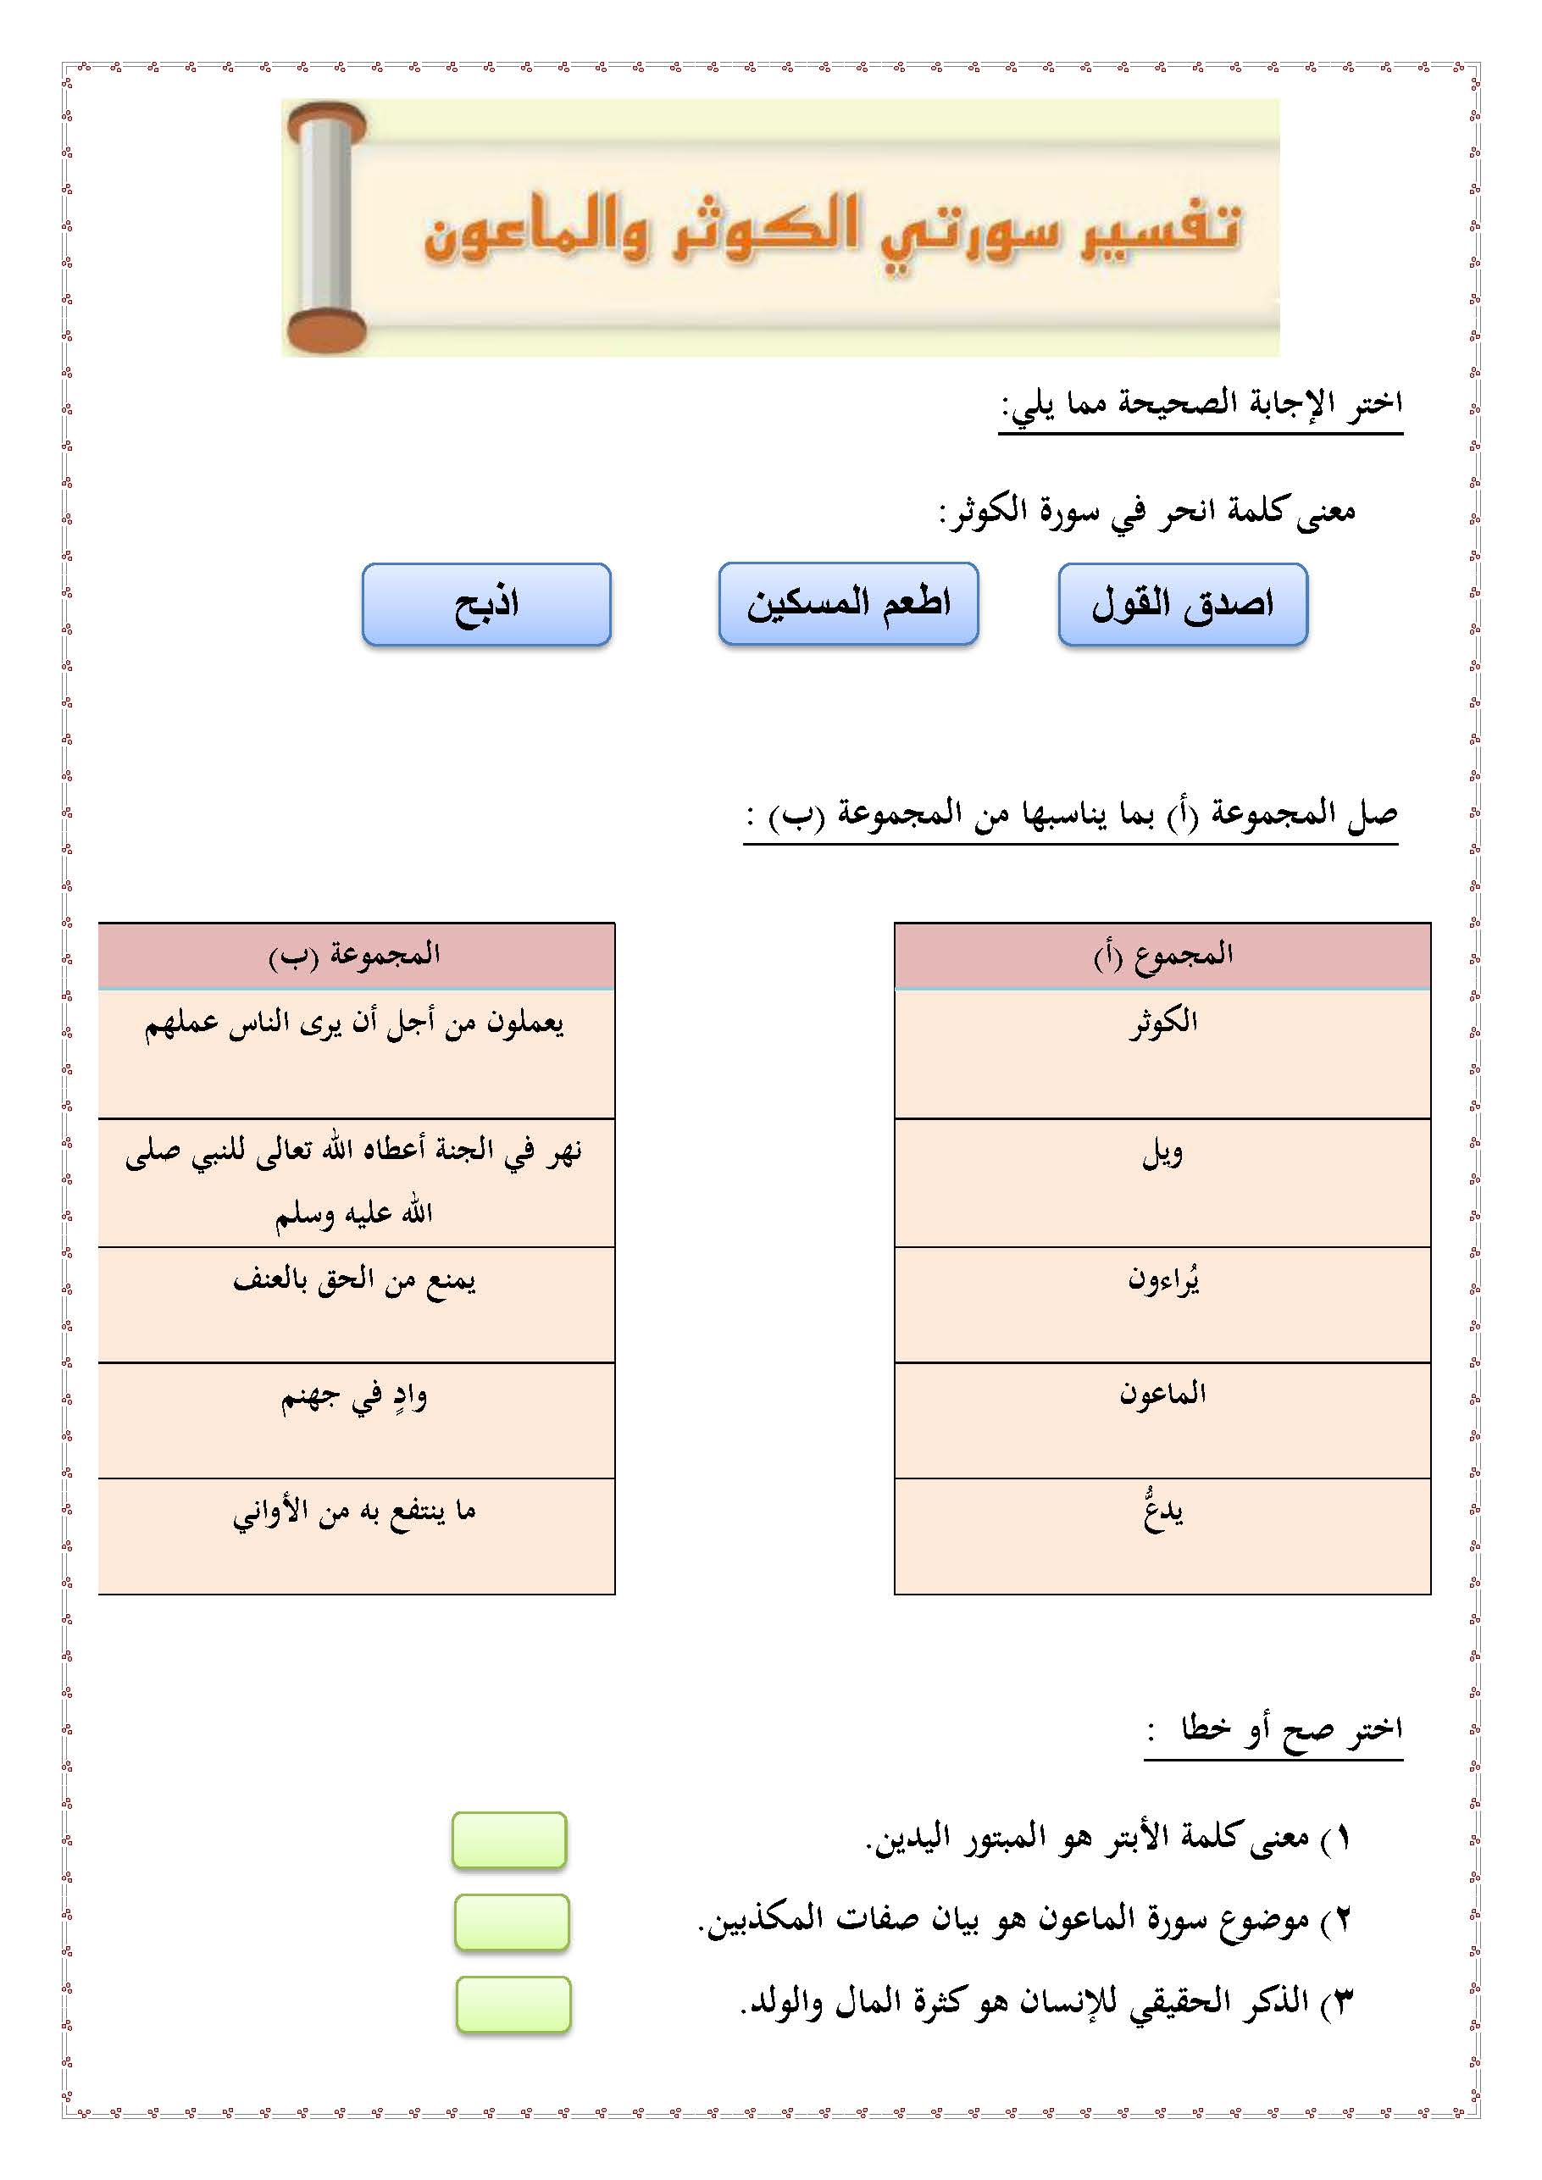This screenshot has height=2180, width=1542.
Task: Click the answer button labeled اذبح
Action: [486, 605]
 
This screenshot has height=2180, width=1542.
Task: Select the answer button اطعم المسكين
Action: [848, 604]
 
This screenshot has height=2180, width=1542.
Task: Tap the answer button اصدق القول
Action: [1182, 605]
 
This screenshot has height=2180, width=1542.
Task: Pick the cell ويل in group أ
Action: [1162, 1182]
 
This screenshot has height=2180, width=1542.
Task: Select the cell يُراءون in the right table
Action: [1162, 1305]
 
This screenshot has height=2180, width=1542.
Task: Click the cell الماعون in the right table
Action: [1162, 1419]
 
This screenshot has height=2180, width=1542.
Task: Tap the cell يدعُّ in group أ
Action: [1162, 1535]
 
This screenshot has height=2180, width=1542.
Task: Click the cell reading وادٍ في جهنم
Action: [355, 1419]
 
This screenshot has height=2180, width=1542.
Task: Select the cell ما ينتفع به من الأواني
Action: [355, 1535]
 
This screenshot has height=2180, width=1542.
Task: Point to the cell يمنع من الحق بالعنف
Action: [355, 1305]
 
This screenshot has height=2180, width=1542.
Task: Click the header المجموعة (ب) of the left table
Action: [355, 955]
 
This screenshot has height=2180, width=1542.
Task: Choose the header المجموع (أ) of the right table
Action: [1162, 955]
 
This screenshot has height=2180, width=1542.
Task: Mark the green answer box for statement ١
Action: [509, 1840]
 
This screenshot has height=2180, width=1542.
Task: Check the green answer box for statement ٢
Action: [511, 1922]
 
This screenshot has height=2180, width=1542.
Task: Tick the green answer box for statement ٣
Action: [513, 2005]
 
